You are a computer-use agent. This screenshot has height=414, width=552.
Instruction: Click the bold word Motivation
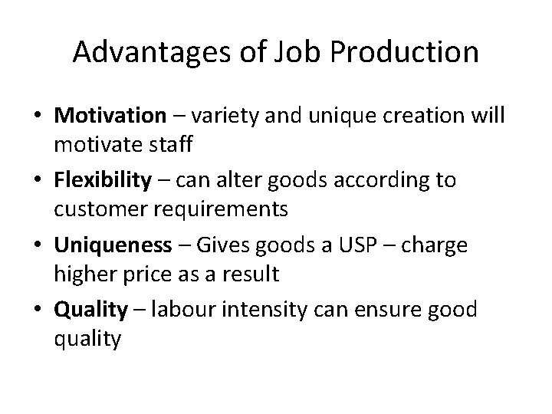110,116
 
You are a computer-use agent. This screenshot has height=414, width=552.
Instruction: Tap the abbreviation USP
366,245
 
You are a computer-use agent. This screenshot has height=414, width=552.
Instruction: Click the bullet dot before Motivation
38,117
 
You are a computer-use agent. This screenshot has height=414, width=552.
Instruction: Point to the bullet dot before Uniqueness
38,245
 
